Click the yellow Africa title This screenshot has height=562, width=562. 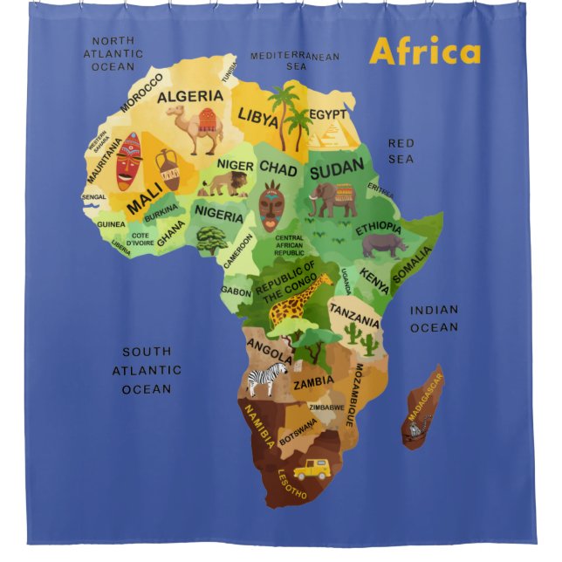point(425,51)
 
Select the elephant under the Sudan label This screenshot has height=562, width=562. point(332,198)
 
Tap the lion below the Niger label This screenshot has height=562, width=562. point(225,182)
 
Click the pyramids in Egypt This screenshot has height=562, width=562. point(335,132)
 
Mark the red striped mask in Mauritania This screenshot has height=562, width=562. point(128,161)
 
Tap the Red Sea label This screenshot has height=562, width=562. point(401,151)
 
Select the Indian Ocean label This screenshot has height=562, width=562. point(434,319)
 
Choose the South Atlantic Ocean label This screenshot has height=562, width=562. point(147,370)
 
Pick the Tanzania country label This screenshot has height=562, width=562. point(354,313)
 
